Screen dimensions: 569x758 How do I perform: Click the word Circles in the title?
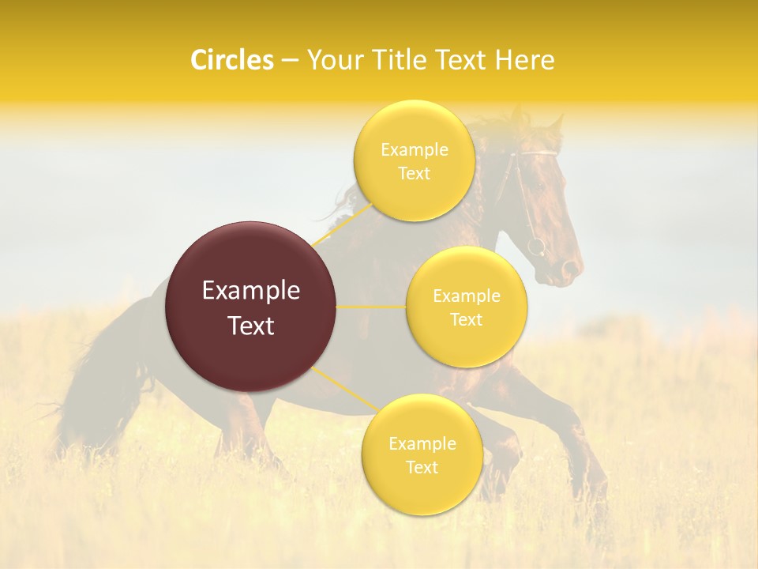point(231,60)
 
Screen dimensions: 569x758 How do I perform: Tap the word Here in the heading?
point(525,60)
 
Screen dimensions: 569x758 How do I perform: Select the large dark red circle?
point(250,307)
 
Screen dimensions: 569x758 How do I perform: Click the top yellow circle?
point(414,160)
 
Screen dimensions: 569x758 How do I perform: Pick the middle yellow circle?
point(466,307)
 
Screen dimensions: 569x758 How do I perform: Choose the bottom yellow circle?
point(422,454)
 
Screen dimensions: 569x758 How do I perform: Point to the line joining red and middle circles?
point(371,307)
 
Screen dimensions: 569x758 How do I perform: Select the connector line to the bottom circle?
point(344,390)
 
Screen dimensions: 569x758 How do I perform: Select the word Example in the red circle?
point(250,291)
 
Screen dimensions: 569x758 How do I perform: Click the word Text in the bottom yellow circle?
point(422,467)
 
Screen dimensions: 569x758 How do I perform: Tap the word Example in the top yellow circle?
point(414,149)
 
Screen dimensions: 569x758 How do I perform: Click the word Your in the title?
point(334,60)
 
